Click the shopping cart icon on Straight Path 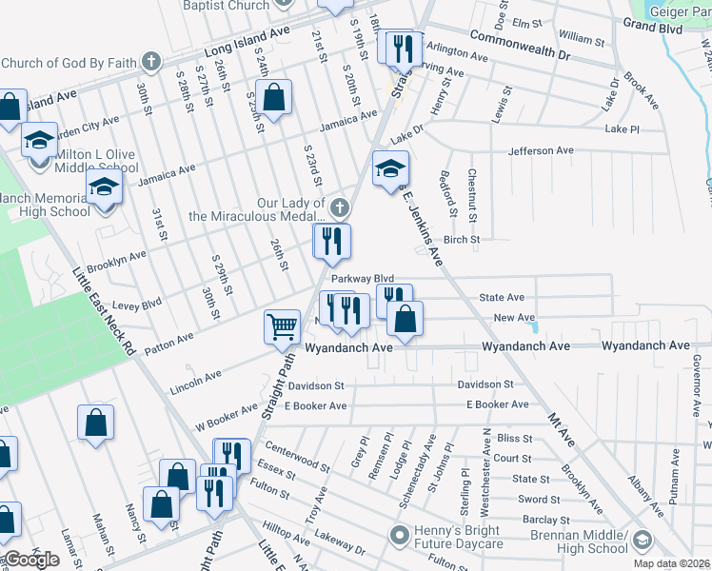point(282,326)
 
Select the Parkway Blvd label point(362,279)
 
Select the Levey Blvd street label point(111,305)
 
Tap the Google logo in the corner point(30,561)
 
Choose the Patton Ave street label point(168,342)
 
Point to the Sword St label point(539,499)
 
